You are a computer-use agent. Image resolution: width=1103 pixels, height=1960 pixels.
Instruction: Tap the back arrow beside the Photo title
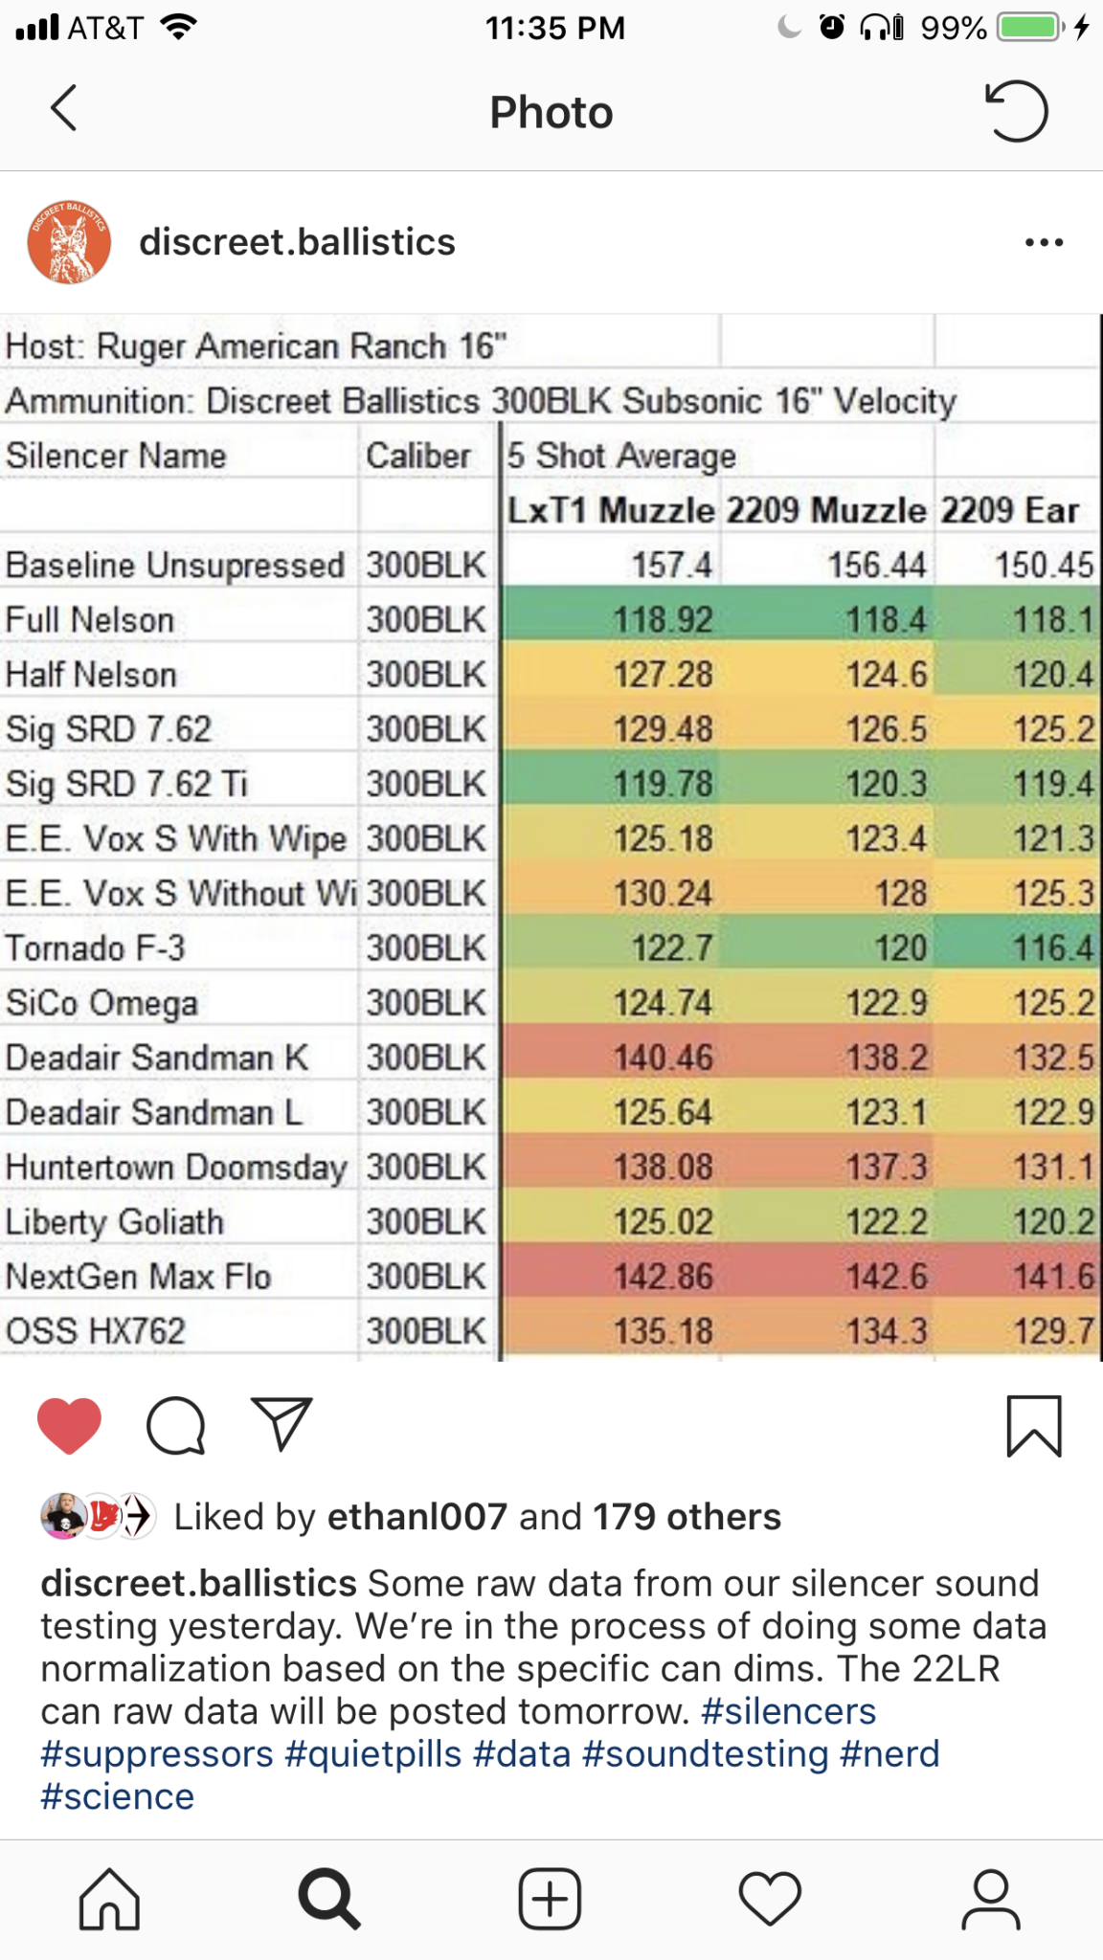63,108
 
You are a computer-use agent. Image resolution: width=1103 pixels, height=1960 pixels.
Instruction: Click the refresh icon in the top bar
1017,111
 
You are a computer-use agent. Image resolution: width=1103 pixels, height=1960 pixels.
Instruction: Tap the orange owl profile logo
69,242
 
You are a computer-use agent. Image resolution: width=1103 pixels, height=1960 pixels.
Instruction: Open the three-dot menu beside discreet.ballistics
1044,242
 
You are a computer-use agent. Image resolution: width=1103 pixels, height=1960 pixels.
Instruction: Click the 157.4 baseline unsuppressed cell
671,565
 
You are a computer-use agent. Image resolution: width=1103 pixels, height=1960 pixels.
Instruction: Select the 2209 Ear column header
1009,510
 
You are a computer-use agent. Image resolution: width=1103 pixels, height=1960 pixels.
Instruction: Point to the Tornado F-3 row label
96,948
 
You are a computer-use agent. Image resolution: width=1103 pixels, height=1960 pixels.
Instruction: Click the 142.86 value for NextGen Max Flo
663,1277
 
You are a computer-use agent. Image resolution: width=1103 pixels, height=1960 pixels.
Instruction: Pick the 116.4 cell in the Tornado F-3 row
1053,948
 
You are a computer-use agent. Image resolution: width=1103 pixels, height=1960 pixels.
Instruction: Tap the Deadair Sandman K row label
157,1058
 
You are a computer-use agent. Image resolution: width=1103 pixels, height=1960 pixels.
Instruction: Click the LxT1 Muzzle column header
610,510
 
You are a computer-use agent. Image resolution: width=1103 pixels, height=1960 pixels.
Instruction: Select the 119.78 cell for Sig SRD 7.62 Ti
663,784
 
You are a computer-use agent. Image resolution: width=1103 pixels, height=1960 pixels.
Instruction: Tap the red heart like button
69,1425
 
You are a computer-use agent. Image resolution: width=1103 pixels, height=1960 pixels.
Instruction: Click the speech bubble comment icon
176,1425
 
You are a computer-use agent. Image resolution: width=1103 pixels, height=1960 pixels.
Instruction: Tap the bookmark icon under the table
1034,1426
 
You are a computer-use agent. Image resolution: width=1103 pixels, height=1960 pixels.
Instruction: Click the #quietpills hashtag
373,1754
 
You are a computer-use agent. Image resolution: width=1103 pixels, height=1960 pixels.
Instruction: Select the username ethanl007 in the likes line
416,1517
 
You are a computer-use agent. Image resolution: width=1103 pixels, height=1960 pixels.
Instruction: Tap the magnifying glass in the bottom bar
329,1899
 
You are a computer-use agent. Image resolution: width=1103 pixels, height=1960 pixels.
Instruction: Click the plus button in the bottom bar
550,1899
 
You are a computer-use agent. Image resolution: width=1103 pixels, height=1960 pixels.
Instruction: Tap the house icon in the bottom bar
109,1899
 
